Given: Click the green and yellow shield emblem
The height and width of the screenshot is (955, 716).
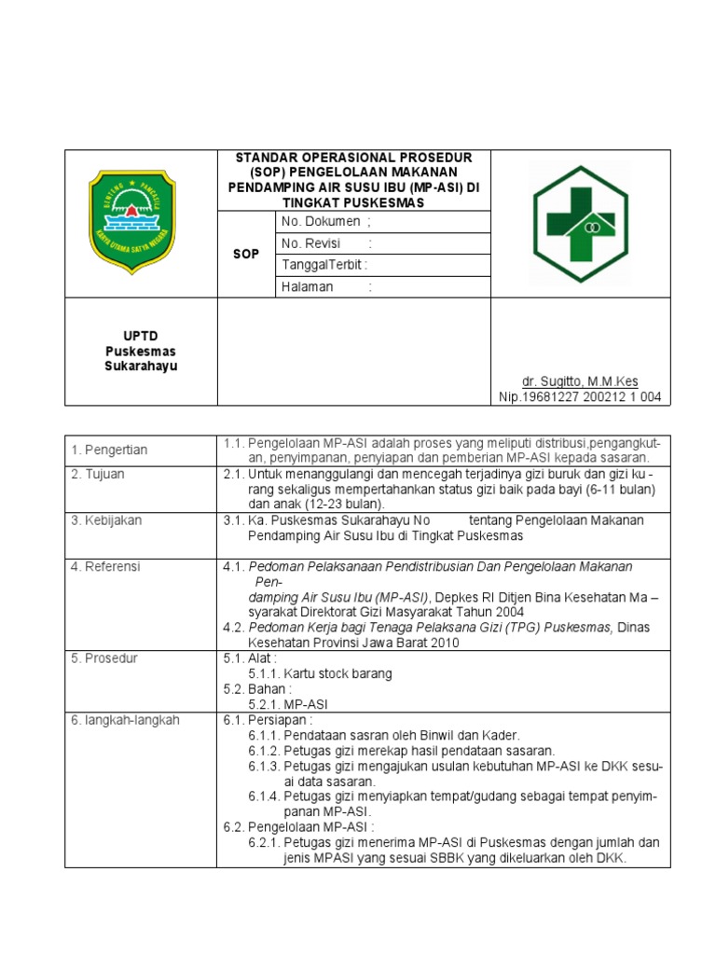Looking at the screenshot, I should tap(140, 221).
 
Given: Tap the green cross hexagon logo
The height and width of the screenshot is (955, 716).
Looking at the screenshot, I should tap(580, 223).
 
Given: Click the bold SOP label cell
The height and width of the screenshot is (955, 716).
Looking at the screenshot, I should tap(246, 254).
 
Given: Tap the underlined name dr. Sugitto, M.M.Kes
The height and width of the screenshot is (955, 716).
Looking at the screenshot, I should tap(580, 381).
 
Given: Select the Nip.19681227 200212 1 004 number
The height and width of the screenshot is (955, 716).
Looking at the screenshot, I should tap(580, 397).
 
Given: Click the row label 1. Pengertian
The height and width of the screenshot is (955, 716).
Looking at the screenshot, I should tap(109, 450).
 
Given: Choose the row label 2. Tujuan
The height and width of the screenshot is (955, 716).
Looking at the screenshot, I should tap(98, 474).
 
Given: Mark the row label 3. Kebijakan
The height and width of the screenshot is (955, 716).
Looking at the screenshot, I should tap(106, 520).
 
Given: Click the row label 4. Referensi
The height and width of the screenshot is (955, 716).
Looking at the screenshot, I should tap(105, 566).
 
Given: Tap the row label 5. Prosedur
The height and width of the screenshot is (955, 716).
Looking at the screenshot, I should tap(104, 658).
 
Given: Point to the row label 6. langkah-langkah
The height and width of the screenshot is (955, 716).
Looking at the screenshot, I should tap(125, 720).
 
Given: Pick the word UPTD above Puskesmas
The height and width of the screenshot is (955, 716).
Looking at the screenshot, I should tap(140, 336).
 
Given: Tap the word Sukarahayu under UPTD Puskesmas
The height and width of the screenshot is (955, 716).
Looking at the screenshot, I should tap(140, 366).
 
